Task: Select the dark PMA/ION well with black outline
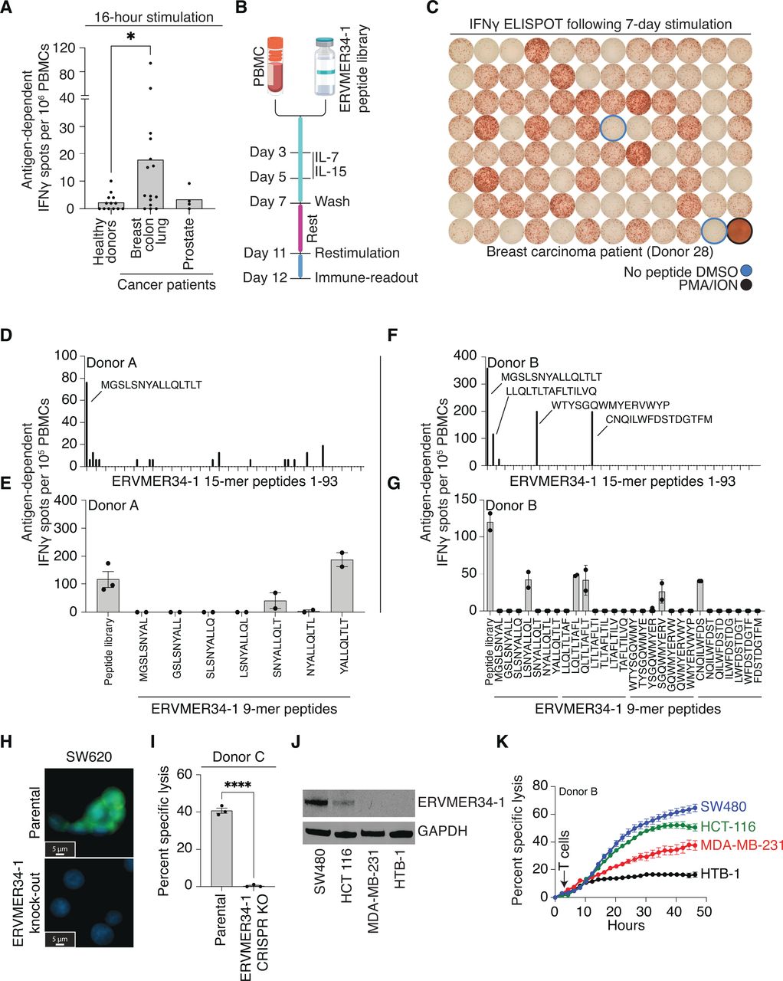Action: [x=741, y=231]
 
